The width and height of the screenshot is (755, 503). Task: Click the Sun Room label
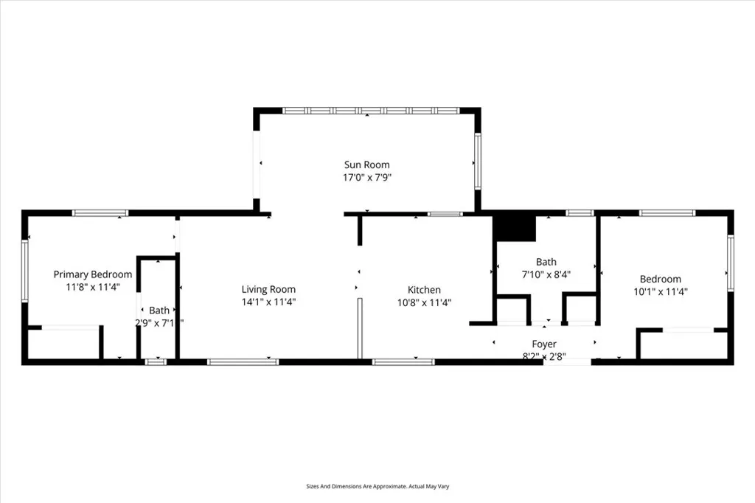(x=366, y=164)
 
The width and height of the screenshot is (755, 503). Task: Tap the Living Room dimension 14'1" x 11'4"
(x=268, y=302)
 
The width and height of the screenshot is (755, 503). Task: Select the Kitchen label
(x=425, y=290)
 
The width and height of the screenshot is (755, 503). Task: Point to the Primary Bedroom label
(x=93, y=274)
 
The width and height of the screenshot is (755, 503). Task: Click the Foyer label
(x=544, y=344)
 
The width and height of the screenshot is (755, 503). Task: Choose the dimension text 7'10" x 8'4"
(x=546, y=274)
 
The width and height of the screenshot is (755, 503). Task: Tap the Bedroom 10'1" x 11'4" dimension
(x=660, y=291)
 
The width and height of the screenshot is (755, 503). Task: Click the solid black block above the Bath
(x=514, y=226)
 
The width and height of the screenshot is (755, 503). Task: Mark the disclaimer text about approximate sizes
(x=377, y=487)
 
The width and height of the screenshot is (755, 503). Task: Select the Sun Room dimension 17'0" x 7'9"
(x=366, y=177)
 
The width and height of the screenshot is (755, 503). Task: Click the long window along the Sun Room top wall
(x=372, y=111)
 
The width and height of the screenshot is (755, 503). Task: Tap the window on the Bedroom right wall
(x=731, y=263)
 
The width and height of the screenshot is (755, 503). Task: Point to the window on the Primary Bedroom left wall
(x=24, y=271)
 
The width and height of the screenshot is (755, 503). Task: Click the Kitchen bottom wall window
(x=403, y=361)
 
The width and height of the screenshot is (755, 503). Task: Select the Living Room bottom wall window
(x=243, y=361)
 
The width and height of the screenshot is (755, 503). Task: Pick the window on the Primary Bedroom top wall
(x=100, y=213)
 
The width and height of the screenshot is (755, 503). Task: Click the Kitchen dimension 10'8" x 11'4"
(x=425, y=302)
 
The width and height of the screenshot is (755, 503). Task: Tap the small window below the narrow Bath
(x=156, y=361)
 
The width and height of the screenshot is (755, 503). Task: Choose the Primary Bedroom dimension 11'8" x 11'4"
(x=93, y=287)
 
